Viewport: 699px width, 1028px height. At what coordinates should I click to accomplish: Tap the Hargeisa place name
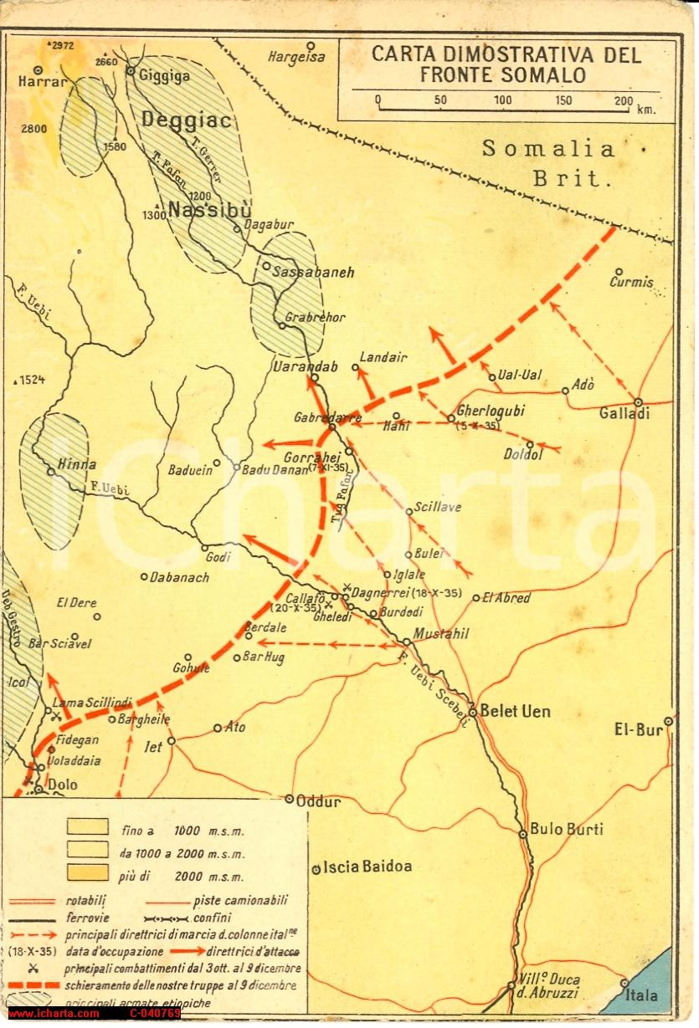pos(296,57)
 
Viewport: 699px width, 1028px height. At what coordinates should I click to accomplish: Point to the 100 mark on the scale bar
pos(503,101)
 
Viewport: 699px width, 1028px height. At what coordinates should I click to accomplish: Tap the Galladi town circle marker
pos(638,401)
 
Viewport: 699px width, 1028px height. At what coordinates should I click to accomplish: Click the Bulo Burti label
pos(566,829)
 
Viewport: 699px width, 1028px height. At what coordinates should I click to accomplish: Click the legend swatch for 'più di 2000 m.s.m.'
pos(87,874)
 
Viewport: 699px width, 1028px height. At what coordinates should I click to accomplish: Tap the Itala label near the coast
pos(642,996)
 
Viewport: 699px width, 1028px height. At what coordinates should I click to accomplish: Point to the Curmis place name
pos(631,283)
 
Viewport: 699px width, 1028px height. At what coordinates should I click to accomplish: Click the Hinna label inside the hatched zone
pos(77,464)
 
